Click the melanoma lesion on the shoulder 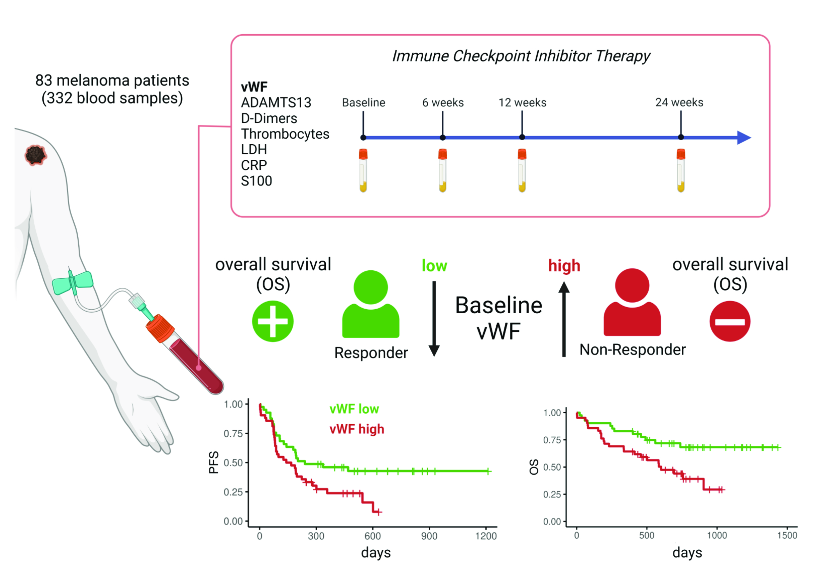click(x=35, y=155)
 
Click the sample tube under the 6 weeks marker click(x=442, y=170)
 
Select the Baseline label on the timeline click(x=363, y=103)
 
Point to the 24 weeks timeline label click(x=679, y=103)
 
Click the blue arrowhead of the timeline click(x=744, y=138)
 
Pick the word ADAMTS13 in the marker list click(x=276, y=103)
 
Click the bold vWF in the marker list click(x=254, y=87)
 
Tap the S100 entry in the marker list click(x=257, y=181)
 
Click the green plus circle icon click(x=273, y=321)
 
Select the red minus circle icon click(x=730, y=321)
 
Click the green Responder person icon click(x=371, y=305)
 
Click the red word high click(x=564, y=266)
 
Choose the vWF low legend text click(x=354, y=409)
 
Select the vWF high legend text click(x=357, y=429)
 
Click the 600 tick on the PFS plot click(x=373, y=536)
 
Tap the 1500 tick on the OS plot click(x=787, y=536)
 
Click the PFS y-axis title click(x=214, y=462)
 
